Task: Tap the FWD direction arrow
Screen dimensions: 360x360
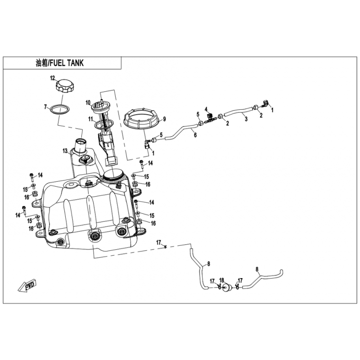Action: click(27, 285)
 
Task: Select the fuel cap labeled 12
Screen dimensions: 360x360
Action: click(64, 85)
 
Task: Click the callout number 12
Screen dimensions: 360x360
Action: click(53, 78)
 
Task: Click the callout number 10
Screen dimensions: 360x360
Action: click(88, 103)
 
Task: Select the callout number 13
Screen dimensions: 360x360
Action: click(65, 151)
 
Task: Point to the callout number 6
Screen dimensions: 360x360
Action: click(195, 135)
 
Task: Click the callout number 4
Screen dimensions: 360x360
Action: click(206, 109)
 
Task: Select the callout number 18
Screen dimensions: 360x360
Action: click(221, 280)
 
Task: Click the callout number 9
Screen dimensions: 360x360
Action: click(164, 119)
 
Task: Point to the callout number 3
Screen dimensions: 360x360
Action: click(246, 119)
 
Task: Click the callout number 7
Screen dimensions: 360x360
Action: click(45, 107)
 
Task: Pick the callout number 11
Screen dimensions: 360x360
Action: click(91, 119)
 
